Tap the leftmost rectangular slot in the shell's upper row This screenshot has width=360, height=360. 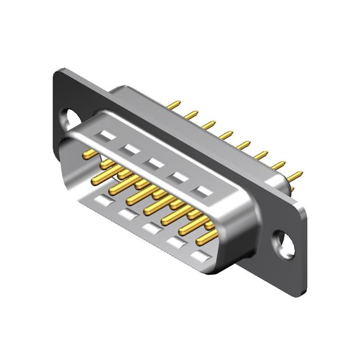[x=105, y=136]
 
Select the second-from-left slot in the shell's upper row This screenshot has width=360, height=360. [x=131, y=149]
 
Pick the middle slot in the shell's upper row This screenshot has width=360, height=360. [x=156, y=163]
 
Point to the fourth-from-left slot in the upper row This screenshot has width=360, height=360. [x=181, y=177]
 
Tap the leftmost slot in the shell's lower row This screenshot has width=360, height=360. [x=102, y=199]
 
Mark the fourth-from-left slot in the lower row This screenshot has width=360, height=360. [x=175, y=242]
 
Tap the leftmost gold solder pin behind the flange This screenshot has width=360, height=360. [x=174, y=105]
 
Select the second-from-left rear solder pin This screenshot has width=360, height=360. [x=191, y=115]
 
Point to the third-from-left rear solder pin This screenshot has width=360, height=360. [x=209, y=125]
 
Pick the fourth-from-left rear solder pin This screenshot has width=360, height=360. [x=226, y=135]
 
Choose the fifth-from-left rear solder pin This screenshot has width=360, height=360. [x=243, y=145]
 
